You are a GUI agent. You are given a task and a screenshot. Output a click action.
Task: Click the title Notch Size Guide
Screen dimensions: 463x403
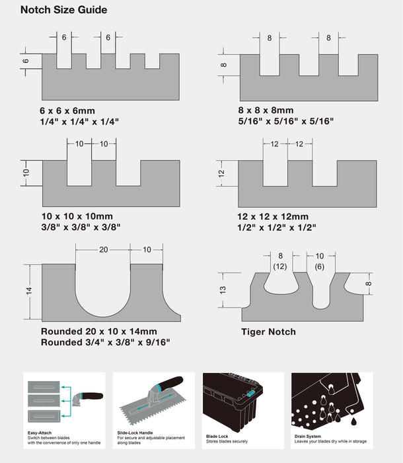pos(63,10)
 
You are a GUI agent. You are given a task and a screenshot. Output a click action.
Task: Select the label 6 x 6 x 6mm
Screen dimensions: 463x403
pos(68,110)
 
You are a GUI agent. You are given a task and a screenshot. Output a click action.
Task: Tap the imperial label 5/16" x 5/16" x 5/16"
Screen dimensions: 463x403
pos(285,121)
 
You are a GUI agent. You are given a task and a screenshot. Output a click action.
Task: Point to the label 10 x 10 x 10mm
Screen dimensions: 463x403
pos(77,216)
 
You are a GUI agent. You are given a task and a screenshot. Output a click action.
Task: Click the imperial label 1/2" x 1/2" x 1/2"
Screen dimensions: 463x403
pos(277,227)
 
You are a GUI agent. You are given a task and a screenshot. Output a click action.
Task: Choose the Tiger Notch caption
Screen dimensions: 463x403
pos(268,331)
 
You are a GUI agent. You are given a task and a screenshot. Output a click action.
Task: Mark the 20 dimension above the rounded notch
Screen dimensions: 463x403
pos(103,249)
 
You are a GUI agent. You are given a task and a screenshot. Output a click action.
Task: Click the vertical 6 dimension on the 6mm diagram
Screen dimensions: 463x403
pos(26,60)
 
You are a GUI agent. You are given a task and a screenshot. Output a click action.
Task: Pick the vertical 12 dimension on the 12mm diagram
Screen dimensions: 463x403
pos(222,173)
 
